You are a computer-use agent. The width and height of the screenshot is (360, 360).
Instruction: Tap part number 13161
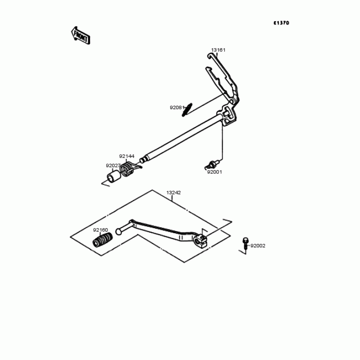click(218, 50)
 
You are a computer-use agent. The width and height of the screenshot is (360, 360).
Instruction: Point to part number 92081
click(176, 108)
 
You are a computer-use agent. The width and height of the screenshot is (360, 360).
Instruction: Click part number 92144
click(126, 156)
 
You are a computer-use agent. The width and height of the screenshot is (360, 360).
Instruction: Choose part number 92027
click(113, 166)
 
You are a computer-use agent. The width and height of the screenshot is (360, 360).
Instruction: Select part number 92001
click(215, 171)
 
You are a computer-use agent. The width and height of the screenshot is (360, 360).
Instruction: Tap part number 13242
click(174, 193)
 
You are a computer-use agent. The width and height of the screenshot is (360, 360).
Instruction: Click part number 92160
click(100, 230)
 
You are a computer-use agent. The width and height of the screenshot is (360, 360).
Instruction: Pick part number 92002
click(258, 246)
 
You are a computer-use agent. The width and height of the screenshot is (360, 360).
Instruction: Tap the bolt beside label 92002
click(245, 243)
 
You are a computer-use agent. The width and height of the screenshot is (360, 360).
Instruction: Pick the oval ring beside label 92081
click(187, 109)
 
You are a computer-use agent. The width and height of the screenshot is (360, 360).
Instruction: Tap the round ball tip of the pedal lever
click(119, 231)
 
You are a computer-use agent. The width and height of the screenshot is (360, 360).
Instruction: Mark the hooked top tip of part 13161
click(210, 56)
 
